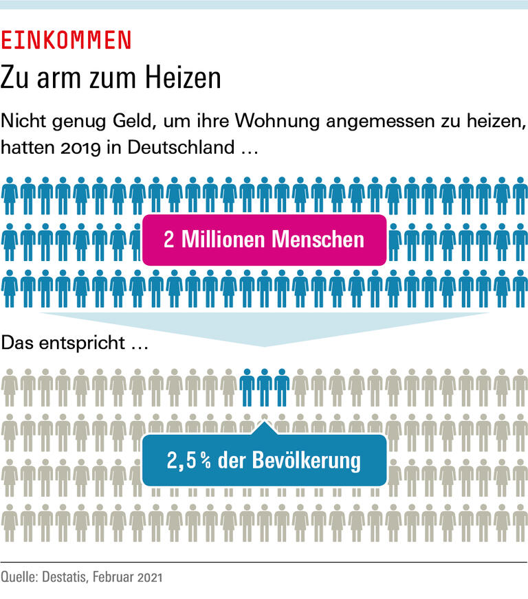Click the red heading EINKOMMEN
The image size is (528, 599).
tap(66, 41)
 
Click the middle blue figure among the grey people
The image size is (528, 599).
tap(265, 387)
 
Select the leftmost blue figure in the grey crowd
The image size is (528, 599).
tap(247, 387)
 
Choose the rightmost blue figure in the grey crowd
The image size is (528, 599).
tap(282, 387)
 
